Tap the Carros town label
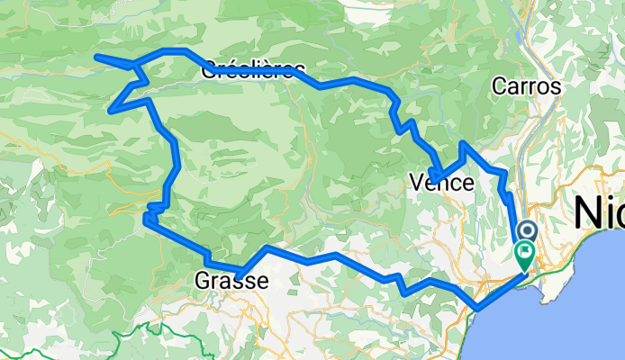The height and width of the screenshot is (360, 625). tap(527, 87)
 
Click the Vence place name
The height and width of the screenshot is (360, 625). tap(441, 183)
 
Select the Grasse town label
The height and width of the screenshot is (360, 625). tap(231, 282)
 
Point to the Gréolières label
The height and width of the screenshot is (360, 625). tap(254, 68)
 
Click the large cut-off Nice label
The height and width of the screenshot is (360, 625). tap(599, 214)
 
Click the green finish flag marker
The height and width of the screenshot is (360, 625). tap(524, 256)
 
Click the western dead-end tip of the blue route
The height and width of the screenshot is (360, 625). tap(96, 58)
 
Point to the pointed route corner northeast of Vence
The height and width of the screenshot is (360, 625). tap(463, 143)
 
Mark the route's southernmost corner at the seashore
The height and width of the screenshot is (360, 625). tap(476, 309)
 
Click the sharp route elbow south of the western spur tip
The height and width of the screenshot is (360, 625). tap(111, 111)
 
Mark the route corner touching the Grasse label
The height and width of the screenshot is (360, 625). tap(240, 274)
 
